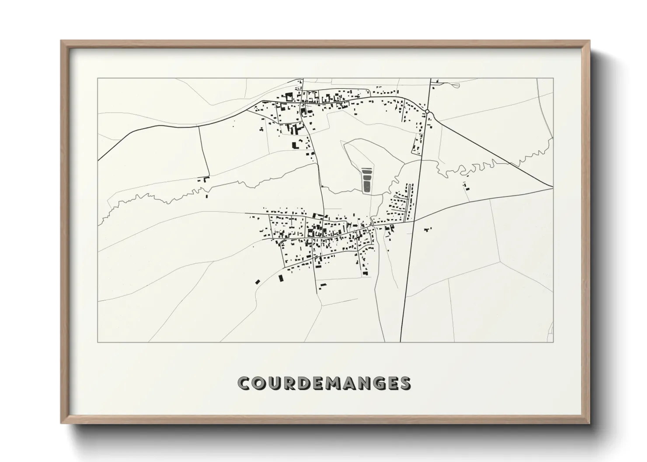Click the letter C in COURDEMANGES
(x=243, y=383)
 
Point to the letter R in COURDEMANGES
(x=289, y=383)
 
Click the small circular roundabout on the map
(x=427, y=112)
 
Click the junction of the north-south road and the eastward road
(x=414, y=221)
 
